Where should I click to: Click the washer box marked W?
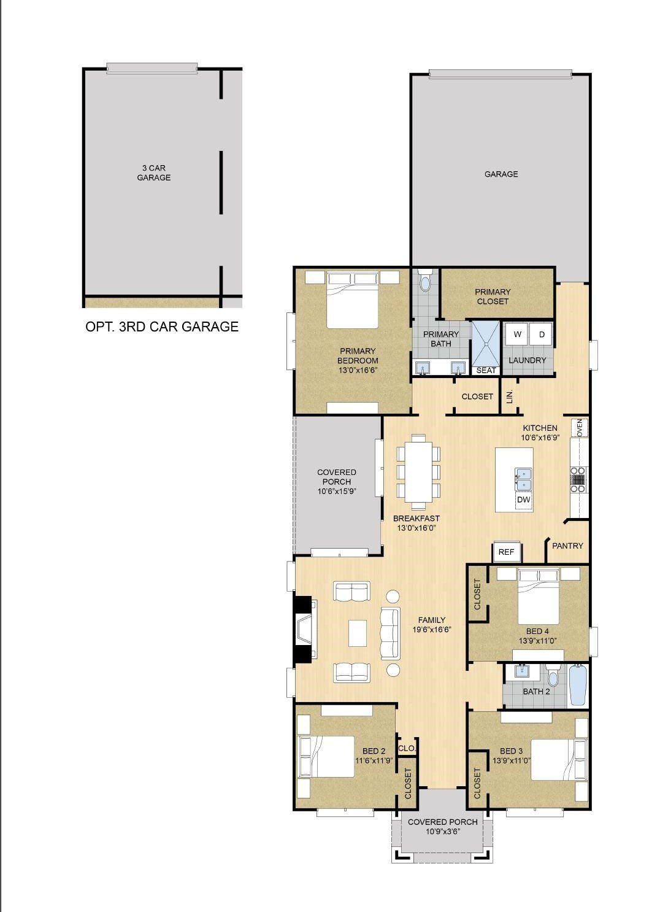point(517,334)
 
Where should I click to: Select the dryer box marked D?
point(542,334)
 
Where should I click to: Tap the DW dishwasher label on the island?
point(523,500)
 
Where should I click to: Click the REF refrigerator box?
point(506,552)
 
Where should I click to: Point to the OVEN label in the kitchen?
point(580,427)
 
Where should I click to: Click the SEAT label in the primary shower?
point(486,370)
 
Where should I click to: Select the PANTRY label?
point(567,546)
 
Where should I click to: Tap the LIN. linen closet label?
point(509,397)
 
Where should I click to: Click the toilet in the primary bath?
point(425,280)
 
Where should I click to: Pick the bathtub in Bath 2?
point(578,686)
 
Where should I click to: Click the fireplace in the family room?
point(305,630)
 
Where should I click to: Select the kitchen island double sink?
point(523,479)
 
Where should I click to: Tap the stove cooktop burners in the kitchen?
point(578,480)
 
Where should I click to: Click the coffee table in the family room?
point(358,633)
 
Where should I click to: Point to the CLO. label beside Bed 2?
point(407,748)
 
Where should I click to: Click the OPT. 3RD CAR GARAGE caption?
point(162,327)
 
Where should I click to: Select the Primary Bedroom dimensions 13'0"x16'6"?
point(358,370)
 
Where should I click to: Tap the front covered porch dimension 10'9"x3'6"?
point(442,832)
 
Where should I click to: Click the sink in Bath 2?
point(523,671)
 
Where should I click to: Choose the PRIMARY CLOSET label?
point(493,296)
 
